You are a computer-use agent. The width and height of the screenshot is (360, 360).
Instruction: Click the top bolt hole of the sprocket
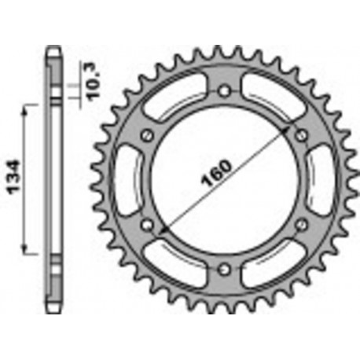click(225, 91)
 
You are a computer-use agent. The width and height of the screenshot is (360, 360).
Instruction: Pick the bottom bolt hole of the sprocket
click(225, 270)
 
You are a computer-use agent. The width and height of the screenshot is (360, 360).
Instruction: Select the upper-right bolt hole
click(302, 136)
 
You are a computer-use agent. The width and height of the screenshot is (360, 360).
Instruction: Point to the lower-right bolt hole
click(302, 226)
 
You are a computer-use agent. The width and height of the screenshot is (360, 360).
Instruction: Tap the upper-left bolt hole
click(147, 136)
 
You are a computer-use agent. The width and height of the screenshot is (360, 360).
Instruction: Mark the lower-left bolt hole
click(147, 226)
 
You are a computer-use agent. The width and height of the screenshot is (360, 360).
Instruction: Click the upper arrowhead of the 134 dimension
click(27, 108)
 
